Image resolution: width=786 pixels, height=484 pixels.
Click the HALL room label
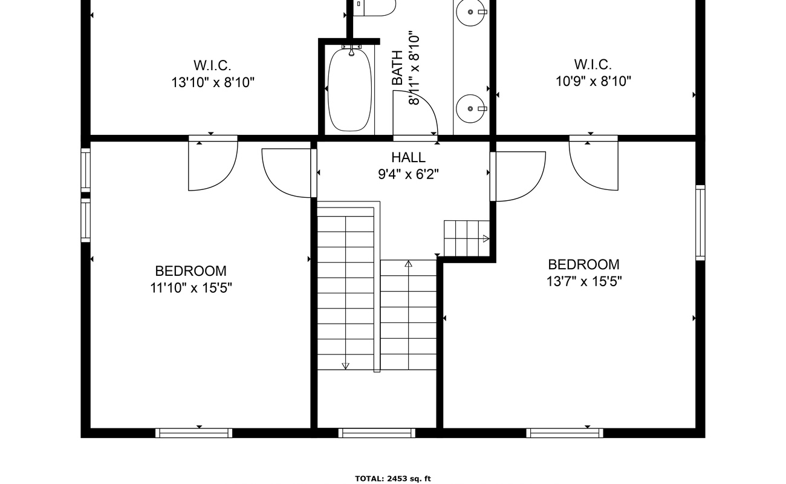click(409, 157)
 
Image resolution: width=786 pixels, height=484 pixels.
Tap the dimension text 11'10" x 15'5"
click(191, 288)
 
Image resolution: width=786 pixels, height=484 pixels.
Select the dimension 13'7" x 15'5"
click(584, 281)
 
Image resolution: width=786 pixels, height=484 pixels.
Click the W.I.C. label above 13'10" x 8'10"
click(212, 65)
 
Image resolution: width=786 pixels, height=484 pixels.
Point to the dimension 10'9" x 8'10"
click(593, 82)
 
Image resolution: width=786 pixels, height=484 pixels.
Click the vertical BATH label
click(397, 68)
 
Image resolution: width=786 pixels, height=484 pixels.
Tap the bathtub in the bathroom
click(350, 90)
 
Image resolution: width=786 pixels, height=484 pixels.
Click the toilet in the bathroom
click(374, 8)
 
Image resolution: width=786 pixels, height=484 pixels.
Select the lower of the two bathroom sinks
click(471, 108)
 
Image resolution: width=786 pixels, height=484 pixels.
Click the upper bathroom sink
click(471, 12)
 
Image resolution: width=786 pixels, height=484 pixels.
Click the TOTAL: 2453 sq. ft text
click(393, 479)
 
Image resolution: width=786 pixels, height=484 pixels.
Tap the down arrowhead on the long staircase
click(345, 366)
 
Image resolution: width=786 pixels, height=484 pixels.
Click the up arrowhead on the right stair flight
click(409, 263)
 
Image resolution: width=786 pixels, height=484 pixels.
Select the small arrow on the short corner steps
click(486, 239)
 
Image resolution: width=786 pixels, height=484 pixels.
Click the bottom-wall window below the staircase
click(377, 433)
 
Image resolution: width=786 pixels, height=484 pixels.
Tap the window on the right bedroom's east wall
click(700, 223)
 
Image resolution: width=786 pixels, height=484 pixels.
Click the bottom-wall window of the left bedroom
click(193, 433)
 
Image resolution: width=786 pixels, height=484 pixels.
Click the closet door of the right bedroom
click(594, 163)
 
